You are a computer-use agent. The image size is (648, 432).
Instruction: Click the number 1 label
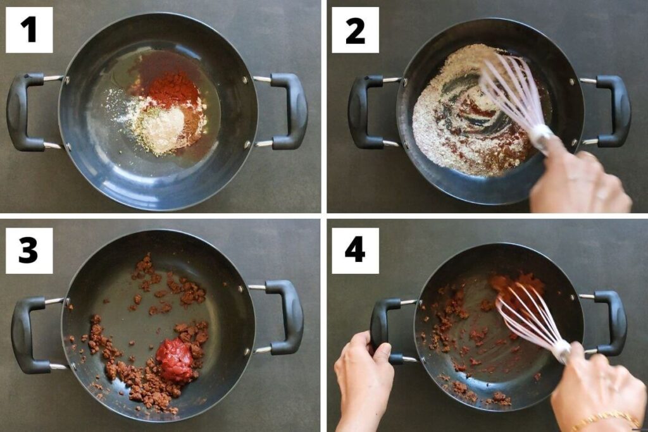click(x=29, y=30)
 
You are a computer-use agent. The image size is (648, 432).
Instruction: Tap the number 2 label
click(x=355, y=30)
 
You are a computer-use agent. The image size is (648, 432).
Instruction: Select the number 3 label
click(x=29, y=250)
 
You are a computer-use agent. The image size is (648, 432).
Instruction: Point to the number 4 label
click(x=355, y=250)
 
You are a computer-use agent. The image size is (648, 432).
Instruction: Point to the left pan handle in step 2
click(x=364, y=111)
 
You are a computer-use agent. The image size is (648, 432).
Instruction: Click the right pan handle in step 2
click(x=613, y=111)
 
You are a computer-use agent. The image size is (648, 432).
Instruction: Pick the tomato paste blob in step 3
click(x=175, y=359)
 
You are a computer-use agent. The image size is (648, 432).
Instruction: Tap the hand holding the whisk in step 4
click(x=595, y=388)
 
